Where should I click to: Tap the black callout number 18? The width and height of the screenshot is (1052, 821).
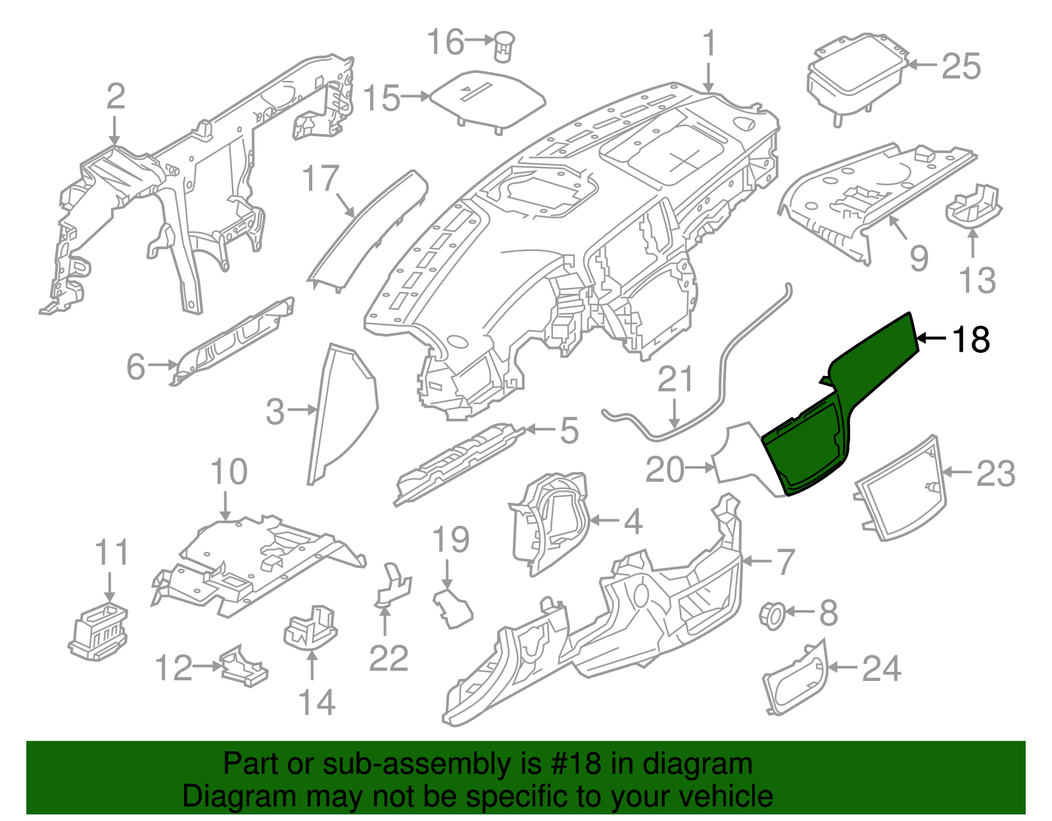point(970,340)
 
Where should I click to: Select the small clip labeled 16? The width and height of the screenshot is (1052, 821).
point(504,45)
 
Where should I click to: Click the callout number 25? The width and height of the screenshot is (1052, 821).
point(961,66)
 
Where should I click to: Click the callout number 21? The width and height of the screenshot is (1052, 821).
point(675,380)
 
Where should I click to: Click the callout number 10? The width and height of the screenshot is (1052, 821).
point(228,472)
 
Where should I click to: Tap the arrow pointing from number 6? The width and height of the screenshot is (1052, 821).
point(160,364)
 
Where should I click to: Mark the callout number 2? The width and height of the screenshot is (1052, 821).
point(115,97)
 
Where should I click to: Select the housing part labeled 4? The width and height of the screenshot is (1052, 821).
point(550,519)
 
